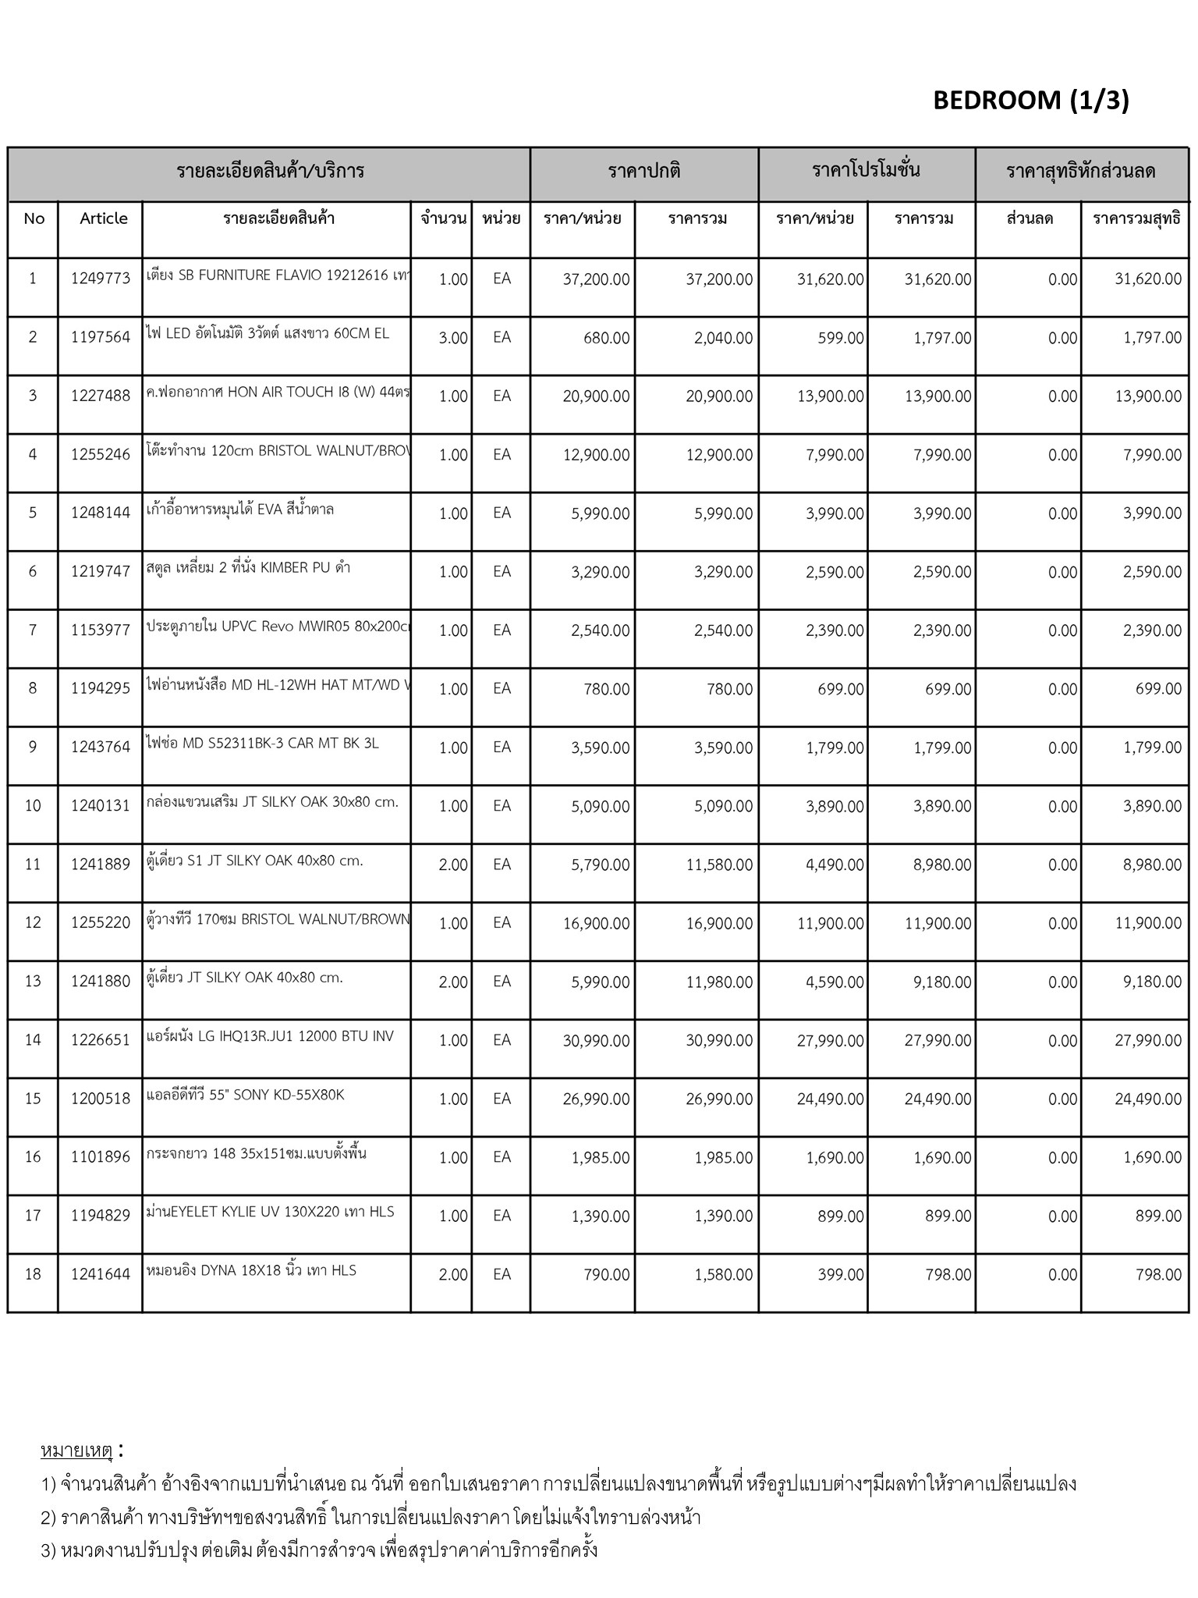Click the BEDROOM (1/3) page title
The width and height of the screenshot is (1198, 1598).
(x=1030, y=100)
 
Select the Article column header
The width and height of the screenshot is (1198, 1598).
(x=103, y=218)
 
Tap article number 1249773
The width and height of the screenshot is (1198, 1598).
(x=101, y=279)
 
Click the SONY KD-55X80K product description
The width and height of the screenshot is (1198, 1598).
(x=245, y=1095)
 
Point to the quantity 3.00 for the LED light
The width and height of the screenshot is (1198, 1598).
(x=452, y=338)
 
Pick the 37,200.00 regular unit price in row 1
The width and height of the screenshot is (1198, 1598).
(x=596, y=279)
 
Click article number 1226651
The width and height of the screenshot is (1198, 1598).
(x=101, y=1040)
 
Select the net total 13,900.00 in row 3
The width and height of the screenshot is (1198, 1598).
(x=1148, y=396)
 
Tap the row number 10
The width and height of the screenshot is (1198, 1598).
(x=33, y=806)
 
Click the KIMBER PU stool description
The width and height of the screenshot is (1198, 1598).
(x=248, y=568)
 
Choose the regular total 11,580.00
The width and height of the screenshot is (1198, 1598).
(x=719, y=865)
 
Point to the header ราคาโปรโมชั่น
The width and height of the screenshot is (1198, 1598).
(x=866, y=171)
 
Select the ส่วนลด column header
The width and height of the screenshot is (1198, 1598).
(x=1030, y=218)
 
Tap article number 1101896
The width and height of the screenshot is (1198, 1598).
(x=101, y=1157)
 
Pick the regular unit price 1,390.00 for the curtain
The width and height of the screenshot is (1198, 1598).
(x=600, y=1216)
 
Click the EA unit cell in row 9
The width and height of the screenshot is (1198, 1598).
(x=502, y=748)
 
